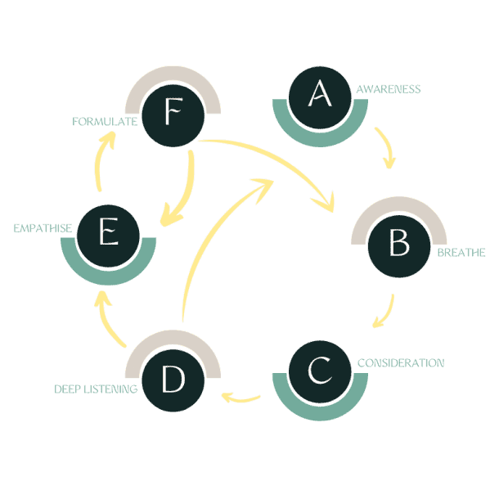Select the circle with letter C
click(320, 372)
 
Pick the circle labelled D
click(173, 381)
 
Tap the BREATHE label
click(461, 253)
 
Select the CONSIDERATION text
click(401, 362)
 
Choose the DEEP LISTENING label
click(96, 389)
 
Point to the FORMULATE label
click(104, 123)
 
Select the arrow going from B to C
click(385, 312)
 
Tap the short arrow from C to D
click(242, 399)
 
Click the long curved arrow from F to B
click(278, 160)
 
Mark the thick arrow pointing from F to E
click(184, 192)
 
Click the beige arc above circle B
click(398, 214)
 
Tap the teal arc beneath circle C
click(320, 409)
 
